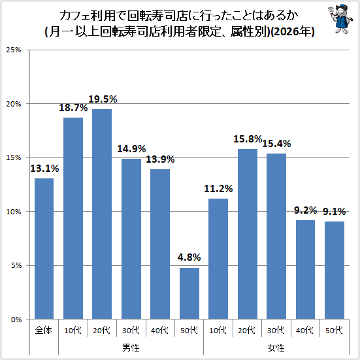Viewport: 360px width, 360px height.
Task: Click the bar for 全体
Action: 44,249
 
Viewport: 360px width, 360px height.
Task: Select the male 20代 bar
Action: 102,214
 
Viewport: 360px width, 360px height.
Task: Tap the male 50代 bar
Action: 189,293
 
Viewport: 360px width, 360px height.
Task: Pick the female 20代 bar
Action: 248,234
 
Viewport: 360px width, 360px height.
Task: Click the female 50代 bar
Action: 335,270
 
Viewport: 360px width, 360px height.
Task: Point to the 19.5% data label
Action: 103,99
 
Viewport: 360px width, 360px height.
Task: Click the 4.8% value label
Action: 189,257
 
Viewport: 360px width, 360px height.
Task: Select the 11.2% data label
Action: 218,189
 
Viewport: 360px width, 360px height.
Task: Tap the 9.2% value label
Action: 305,210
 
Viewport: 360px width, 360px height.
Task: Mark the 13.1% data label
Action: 44,169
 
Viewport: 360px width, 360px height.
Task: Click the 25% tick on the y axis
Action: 14,50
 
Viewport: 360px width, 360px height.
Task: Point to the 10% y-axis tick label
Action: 14,212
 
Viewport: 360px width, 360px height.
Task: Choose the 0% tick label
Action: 16,319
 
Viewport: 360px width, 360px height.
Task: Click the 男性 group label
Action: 131,348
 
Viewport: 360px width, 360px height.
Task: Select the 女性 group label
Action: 276,348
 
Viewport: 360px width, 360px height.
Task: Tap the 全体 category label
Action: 44,331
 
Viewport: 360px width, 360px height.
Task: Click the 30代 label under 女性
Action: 276,331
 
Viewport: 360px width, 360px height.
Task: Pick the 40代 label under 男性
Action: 159,331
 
